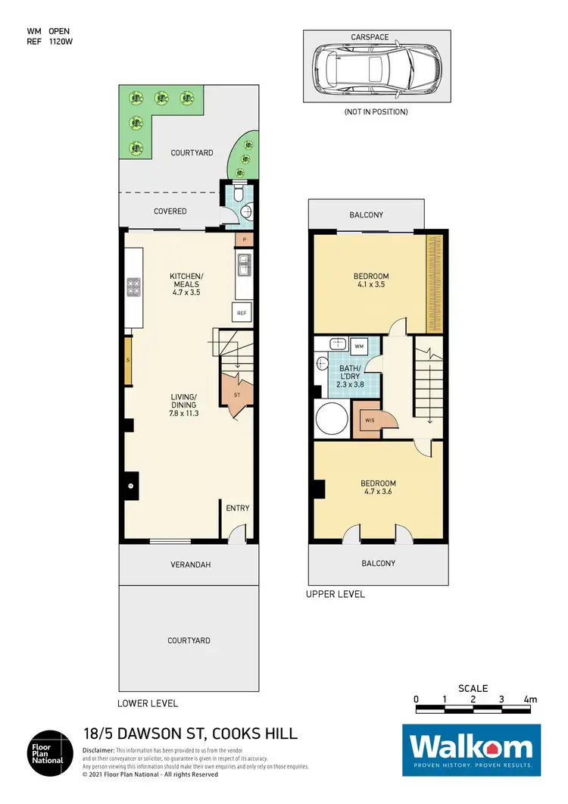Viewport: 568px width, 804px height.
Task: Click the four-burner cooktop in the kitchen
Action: tap(133, 286)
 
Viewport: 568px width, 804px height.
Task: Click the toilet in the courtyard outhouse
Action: tap(237, 194)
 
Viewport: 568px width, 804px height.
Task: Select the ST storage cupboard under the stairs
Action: tap(236, 395)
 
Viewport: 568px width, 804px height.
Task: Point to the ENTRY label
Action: tap(238, 508)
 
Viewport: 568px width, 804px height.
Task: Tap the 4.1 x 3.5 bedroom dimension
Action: tap(371, 286)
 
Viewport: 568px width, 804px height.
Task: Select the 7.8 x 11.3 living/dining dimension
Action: tap(183, 414)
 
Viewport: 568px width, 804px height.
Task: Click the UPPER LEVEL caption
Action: tap(335, 594)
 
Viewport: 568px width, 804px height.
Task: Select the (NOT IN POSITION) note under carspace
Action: tap(376, 111)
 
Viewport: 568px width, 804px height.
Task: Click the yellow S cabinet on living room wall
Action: tap(129, 358)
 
